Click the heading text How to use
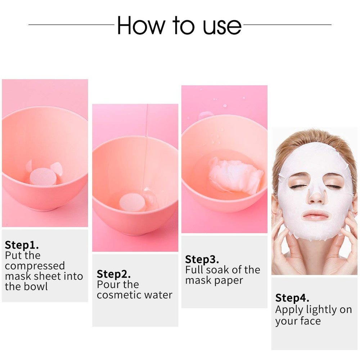click(x=179, y=25)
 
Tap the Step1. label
click(x=22, y=245)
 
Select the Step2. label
click(x=114, y=274)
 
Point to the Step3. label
click(x=202, y=259)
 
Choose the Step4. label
click(x=292, y=298)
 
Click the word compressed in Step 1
click(x=35, y=266)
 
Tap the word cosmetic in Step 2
click(x=118, y=295)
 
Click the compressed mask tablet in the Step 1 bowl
click(x=43, y=177)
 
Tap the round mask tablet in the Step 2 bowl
click(x=133, y=203)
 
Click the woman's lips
click(x=316, y=215)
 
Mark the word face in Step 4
click(x=309, y=321)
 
